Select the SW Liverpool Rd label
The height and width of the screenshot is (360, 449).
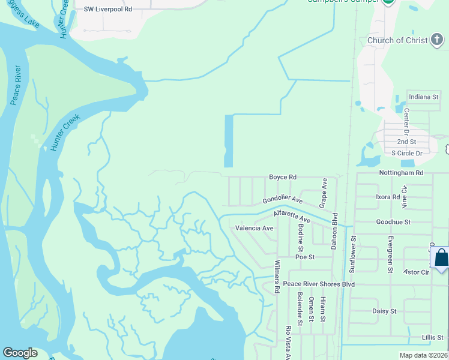(x=108, y=10)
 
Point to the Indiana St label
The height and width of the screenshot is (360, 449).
(x=423, y=97)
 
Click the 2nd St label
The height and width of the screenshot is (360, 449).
(x=406, y=142)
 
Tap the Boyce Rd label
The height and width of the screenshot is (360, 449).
(x=283, y=177)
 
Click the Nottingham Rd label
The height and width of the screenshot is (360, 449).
(x=401, y=173)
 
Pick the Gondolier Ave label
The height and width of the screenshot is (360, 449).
(x=283, y=200)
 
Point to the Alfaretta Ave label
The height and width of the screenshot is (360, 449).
(x=292, y=217)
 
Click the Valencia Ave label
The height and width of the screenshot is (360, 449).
(x=254, y=228)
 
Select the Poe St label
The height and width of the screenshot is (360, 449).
(x=305, y=257)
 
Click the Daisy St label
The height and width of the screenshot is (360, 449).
(x=384, y=311)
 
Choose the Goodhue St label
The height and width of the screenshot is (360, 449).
(x=393, y=222)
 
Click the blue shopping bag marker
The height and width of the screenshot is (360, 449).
(x=441, y=258)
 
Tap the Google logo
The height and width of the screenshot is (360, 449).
(x=20, y=353)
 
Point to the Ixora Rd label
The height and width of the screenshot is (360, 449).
(x=387, y=197)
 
